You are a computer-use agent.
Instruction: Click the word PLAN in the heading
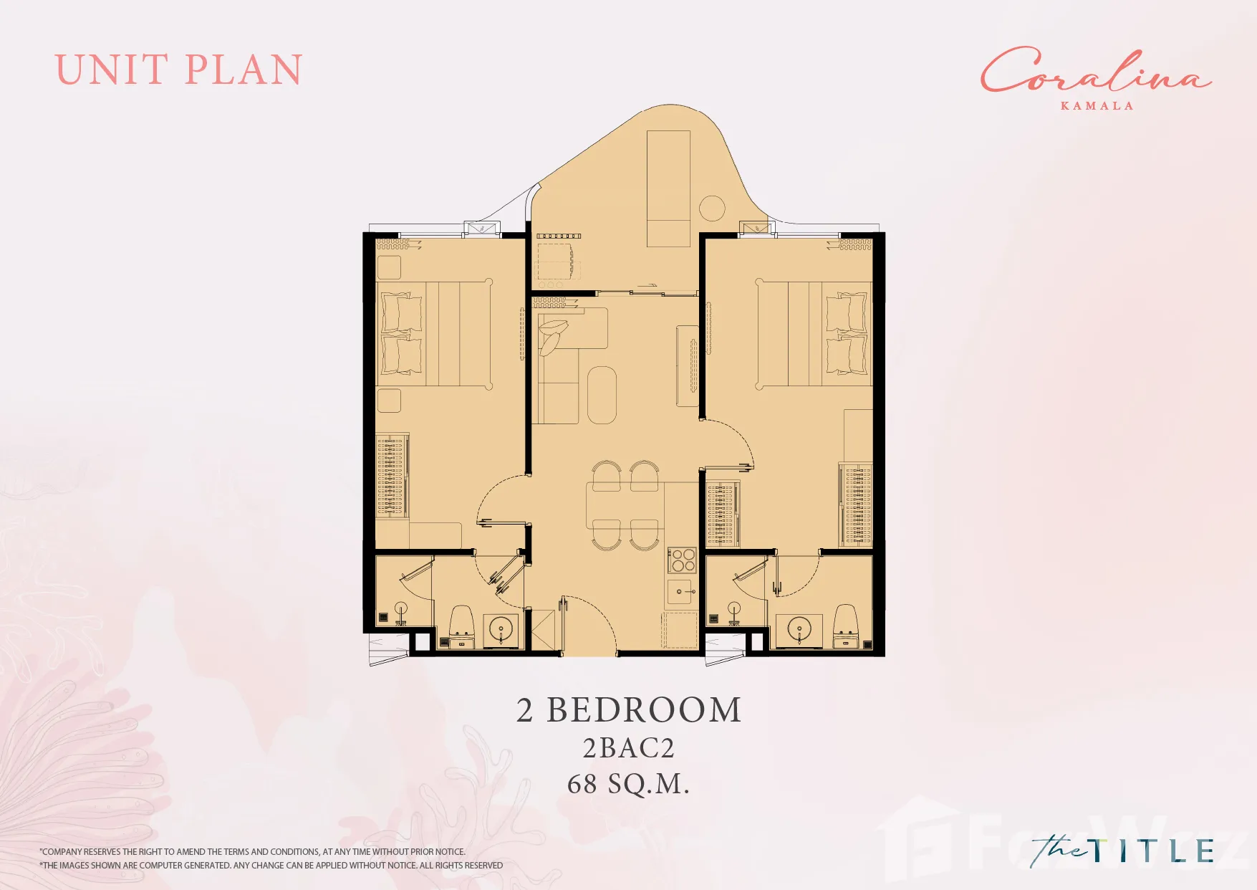click(244, 70)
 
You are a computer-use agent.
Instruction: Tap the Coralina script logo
click(1096, 70)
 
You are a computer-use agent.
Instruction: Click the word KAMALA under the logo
click(1097, 106)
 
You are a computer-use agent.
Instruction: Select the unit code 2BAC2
click(629, 748)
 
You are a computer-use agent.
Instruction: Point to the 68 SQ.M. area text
click(628, 784)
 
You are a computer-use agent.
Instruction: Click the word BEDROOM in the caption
click(644, 710)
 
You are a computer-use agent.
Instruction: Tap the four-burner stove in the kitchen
click(682, 560)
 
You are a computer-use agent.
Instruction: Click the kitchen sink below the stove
click(681, 592)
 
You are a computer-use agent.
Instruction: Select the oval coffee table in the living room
click(602, 396)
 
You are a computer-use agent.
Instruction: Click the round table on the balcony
click(712, 209)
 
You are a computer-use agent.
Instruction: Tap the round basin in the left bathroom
click(501, 630)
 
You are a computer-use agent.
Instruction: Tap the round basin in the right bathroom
click(799, 630)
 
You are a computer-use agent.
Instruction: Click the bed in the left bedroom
click(434, 334)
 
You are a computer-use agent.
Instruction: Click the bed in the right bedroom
click(814, 334)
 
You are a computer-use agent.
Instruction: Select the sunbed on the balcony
click(668, 188)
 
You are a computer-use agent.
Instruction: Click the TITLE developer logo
click(1122, 851)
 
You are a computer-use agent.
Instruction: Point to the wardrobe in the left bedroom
click(392, 475)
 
